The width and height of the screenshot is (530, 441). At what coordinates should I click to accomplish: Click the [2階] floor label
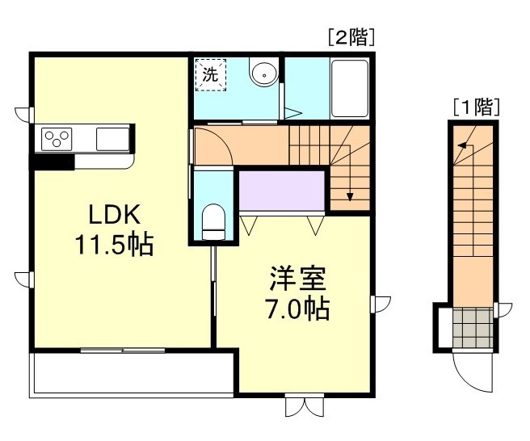(351, 37)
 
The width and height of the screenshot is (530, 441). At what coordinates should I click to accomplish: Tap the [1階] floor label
(475, 105)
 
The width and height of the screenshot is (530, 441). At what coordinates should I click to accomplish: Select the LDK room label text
(115, 215)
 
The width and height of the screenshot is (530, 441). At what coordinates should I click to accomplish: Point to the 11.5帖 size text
(115, 245)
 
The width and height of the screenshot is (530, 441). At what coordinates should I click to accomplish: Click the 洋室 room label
(298, 279)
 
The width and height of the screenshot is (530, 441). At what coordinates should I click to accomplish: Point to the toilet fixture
(213, 220)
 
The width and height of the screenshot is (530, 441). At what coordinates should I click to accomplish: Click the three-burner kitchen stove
(58, 137)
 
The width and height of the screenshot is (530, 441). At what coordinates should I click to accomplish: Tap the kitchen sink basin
(111, 138)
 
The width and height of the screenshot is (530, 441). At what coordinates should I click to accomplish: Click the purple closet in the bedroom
(281, 191)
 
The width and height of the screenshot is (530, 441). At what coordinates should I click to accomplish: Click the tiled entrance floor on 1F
(470, 326)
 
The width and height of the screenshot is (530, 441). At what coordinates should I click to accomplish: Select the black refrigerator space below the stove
(53, 162)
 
